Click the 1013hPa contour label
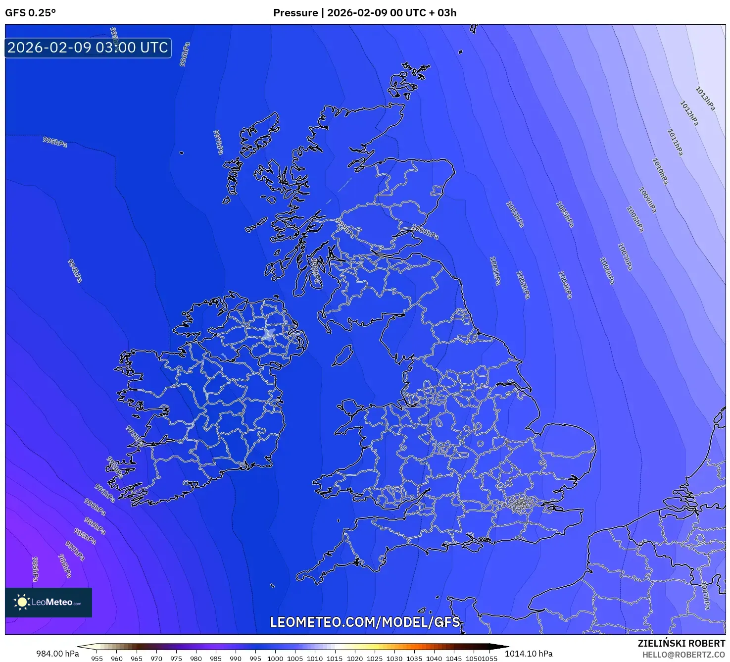705,99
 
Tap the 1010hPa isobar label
660,171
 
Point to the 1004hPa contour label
565,285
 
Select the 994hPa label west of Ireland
75,271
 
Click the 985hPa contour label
35,569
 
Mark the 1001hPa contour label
495,270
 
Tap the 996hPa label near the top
184,54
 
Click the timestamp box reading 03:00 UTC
88,48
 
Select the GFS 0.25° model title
30,13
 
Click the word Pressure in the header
295,13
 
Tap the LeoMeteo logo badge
49,602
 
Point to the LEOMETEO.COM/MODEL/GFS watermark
365,622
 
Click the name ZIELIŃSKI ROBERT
681,643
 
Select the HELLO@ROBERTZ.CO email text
683,654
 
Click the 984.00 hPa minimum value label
57,654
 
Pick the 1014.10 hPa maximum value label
529,654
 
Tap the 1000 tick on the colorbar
275,659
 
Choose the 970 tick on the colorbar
156,659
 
